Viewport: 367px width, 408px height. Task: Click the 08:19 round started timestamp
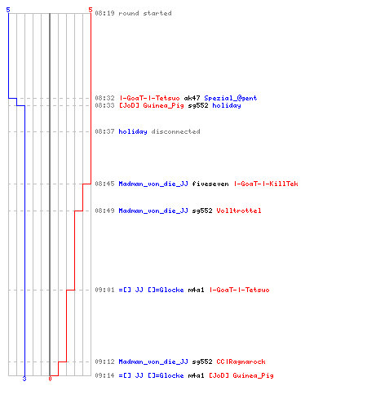pos(104,13)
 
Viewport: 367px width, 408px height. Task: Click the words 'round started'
pos(145,13)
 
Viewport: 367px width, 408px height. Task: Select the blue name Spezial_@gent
pos(231,98)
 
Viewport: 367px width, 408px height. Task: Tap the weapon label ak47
pos(192,98)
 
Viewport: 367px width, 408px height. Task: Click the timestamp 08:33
pos(104,105)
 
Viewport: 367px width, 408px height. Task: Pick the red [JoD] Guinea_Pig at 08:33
pos(152,105)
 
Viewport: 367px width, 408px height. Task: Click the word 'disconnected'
pos(175,131)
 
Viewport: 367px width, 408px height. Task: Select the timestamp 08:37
pos(104,131)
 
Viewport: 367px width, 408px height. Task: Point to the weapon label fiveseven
pos(210,184)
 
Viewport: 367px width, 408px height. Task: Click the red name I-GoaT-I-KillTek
pos(266,184)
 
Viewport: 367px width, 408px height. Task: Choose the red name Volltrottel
pos(239,211)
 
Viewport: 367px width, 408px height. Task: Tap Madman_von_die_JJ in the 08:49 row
pos(153,211)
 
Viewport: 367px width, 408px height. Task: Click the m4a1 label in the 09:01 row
pos(196,290)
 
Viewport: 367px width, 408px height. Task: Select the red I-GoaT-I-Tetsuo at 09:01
pos(239,290)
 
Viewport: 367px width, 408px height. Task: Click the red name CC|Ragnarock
pos(241,361)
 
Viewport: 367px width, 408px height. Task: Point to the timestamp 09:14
pos(104,375)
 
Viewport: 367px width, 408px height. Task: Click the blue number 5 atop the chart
pos(8,10)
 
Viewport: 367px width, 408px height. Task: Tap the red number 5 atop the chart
pos(91,10)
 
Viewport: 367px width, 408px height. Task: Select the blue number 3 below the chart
pos(24,379)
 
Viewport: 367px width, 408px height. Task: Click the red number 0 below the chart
pos(50,379)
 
